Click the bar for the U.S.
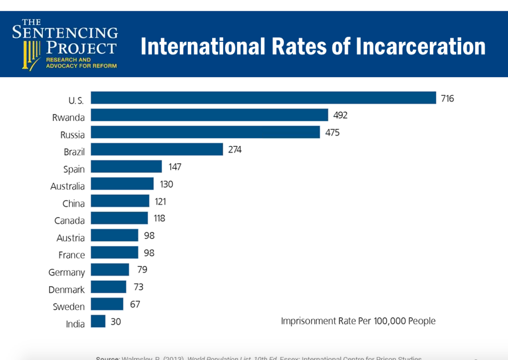point(263,98)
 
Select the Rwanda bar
point(209,115)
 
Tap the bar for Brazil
point(157,149)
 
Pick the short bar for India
point(98,321)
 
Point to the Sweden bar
point(107,304)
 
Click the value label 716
point(447,99)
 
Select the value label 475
point(332,133)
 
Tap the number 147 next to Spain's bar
point(175,167)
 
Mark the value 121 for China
point(161,201)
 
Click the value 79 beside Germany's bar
point(142,270)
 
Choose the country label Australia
point(67,186)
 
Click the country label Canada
point(69,220)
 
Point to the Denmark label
point(66,289)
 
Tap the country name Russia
point(72,135)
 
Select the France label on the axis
point(71,255)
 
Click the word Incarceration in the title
point(421,46)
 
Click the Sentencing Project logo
point(65,44)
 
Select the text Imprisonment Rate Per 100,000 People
point(358,321)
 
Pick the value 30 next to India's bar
point(116,321)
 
